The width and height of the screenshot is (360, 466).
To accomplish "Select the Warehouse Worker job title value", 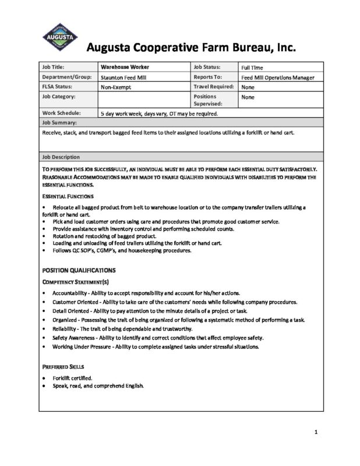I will click(123, 68).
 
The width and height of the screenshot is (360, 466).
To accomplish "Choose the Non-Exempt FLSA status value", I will click(117, 87).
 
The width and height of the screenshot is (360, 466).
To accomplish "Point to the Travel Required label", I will click(214, 87).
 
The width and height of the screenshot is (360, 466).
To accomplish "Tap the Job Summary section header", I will click(60, 123).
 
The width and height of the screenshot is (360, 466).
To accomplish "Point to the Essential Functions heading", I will click(68, 196).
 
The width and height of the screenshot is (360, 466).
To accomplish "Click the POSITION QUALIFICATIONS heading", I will click(79, 270).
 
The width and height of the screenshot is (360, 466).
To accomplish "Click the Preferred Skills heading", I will click(63, 368).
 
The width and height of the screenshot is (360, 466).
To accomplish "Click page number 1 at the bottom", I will click(315, 432).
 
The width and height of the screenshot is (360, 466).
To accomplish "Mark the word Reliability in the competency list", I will click(65, 329).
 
